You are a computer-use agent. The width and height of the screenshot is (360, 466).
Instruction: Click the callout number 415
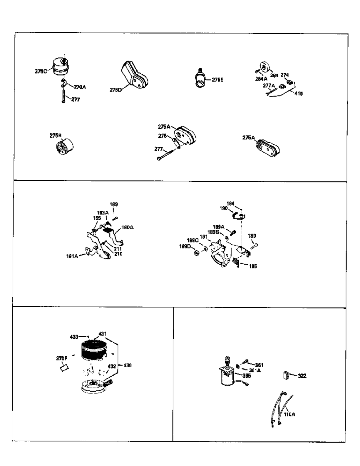point(299,93)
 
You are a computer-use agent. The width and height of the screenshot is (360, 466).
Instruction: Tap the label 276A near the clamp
point(80,87)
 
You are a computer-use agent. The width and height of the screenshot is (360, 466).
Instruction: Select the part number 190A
point(127,227)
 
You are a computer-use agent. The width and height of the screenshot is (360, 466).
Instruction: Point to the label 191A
point(72,256)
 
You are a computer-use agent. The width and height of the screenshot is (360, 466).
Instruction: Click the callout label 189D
point(185,246)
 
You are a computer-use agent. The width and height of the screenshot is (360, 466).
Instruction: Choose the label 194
point(230,203)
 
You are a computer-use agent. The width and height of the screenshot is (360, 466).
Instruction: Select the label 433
point(74,337)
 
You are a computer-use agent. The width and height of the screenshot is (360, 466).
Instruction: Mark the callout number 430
point(127,365)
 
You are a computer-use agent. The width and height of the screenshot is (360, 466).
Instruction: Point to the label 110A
point(290,414)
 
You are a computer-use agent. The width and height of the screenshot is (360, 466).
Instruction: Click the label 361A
point(255,370)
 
